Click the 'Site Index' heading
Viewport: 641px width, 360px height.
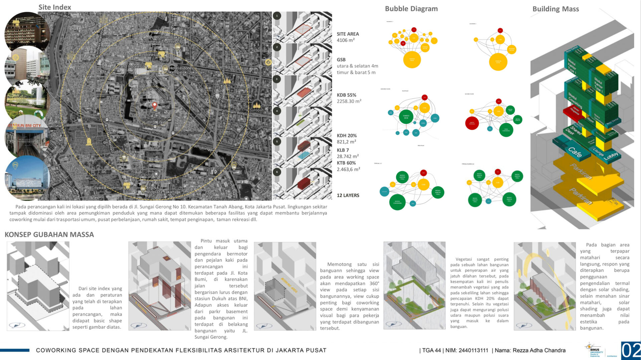(x=54, y=7)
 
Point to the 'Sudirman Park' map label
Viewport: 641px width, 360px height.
(x=124, y=151)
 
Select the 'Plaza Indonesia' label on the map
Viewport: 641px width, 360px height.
(x=145, y=54)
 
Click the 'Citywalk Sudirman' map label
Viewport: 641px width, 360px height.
(x=108, y=188)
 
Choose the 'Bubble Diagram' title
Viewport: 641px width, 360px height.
(x=411, y=9)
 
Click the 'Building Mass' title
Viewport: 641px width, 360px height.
(x=556, y=9)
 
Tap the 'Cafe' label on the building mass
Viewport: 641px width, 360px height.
(x=575, y=152)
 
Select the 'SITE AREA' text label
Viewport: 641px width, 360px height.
(x=348, y=34)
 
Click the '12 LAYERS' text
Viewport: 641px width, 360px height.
(x=348, y=196)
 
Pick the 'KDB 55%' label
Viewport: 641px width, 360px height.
(x=346, y=95)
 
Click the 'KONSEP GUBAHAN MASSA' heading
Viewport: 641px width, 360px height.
(x=49, y=235)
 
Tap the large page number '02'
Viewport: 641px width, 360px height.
(x=631, y=351)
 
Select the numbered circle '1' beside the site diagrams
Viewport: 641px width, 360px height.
(x=277, y=16)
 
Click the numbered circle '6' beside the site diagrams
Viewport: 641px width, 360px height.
(x=277, y=172)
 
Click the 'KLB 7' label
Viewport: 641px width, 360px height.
(x=343, y=150)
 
